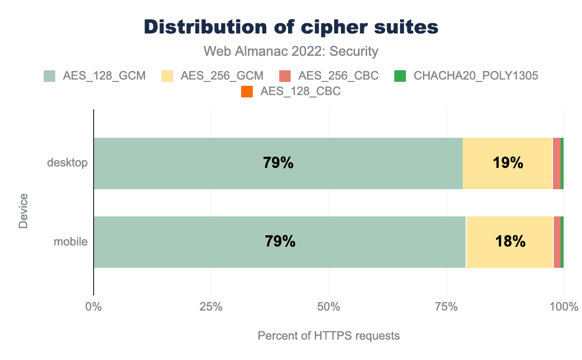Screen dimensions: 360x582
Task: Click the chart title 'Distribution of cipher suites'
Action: [x=291, y=27]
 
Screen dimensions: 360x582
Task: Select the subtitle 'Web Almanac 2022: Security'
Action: [x=291, y=51]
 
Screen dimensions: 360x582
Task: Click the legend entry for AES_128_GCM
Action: [x=95, y=76]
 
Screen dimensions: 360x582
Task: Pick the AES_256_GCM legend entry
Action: [x=213, y=76]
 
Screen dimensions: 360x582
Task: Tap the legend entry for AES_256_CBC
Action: [x=329, y=76]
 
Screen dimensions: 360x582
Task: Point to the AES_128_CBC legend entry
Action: [x=291, y=91]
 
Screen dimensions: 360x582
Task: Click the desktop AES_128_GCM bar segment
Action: [x=278, y=164]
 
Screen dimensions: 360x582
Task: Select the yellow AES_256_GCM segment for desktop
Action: [x=507, y=164]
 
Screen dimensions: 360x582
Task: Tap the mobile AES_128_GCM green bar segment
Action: [x=279, y=242]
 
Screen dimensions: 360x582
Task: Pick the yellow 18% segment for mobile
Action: [x=509, y=242]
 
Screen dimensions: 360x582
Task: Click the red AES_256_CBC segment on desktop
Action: [x=556, y=164]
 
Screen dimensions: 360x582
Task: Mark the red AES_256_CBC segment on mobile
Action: [x=557, y=242]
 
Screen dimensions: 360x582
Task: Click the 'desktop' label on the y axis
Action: [x=67, y=163]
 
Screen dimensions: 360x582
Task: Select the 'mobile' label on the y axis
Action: [x=70, y=241]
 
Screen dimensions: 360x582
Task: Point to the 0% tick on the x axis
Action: [x=93, y=307]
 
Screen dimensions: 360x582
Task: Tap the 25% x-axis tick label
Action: [x=211, y=307]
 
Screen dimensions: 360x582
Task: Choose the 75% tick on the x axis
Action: [x=447, y=307]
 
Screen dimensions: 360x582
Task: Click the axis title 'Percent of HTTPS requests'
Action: [x=329, y=336]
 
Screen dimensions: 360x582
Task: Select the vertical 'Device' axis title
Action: [x=23, y=211]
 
